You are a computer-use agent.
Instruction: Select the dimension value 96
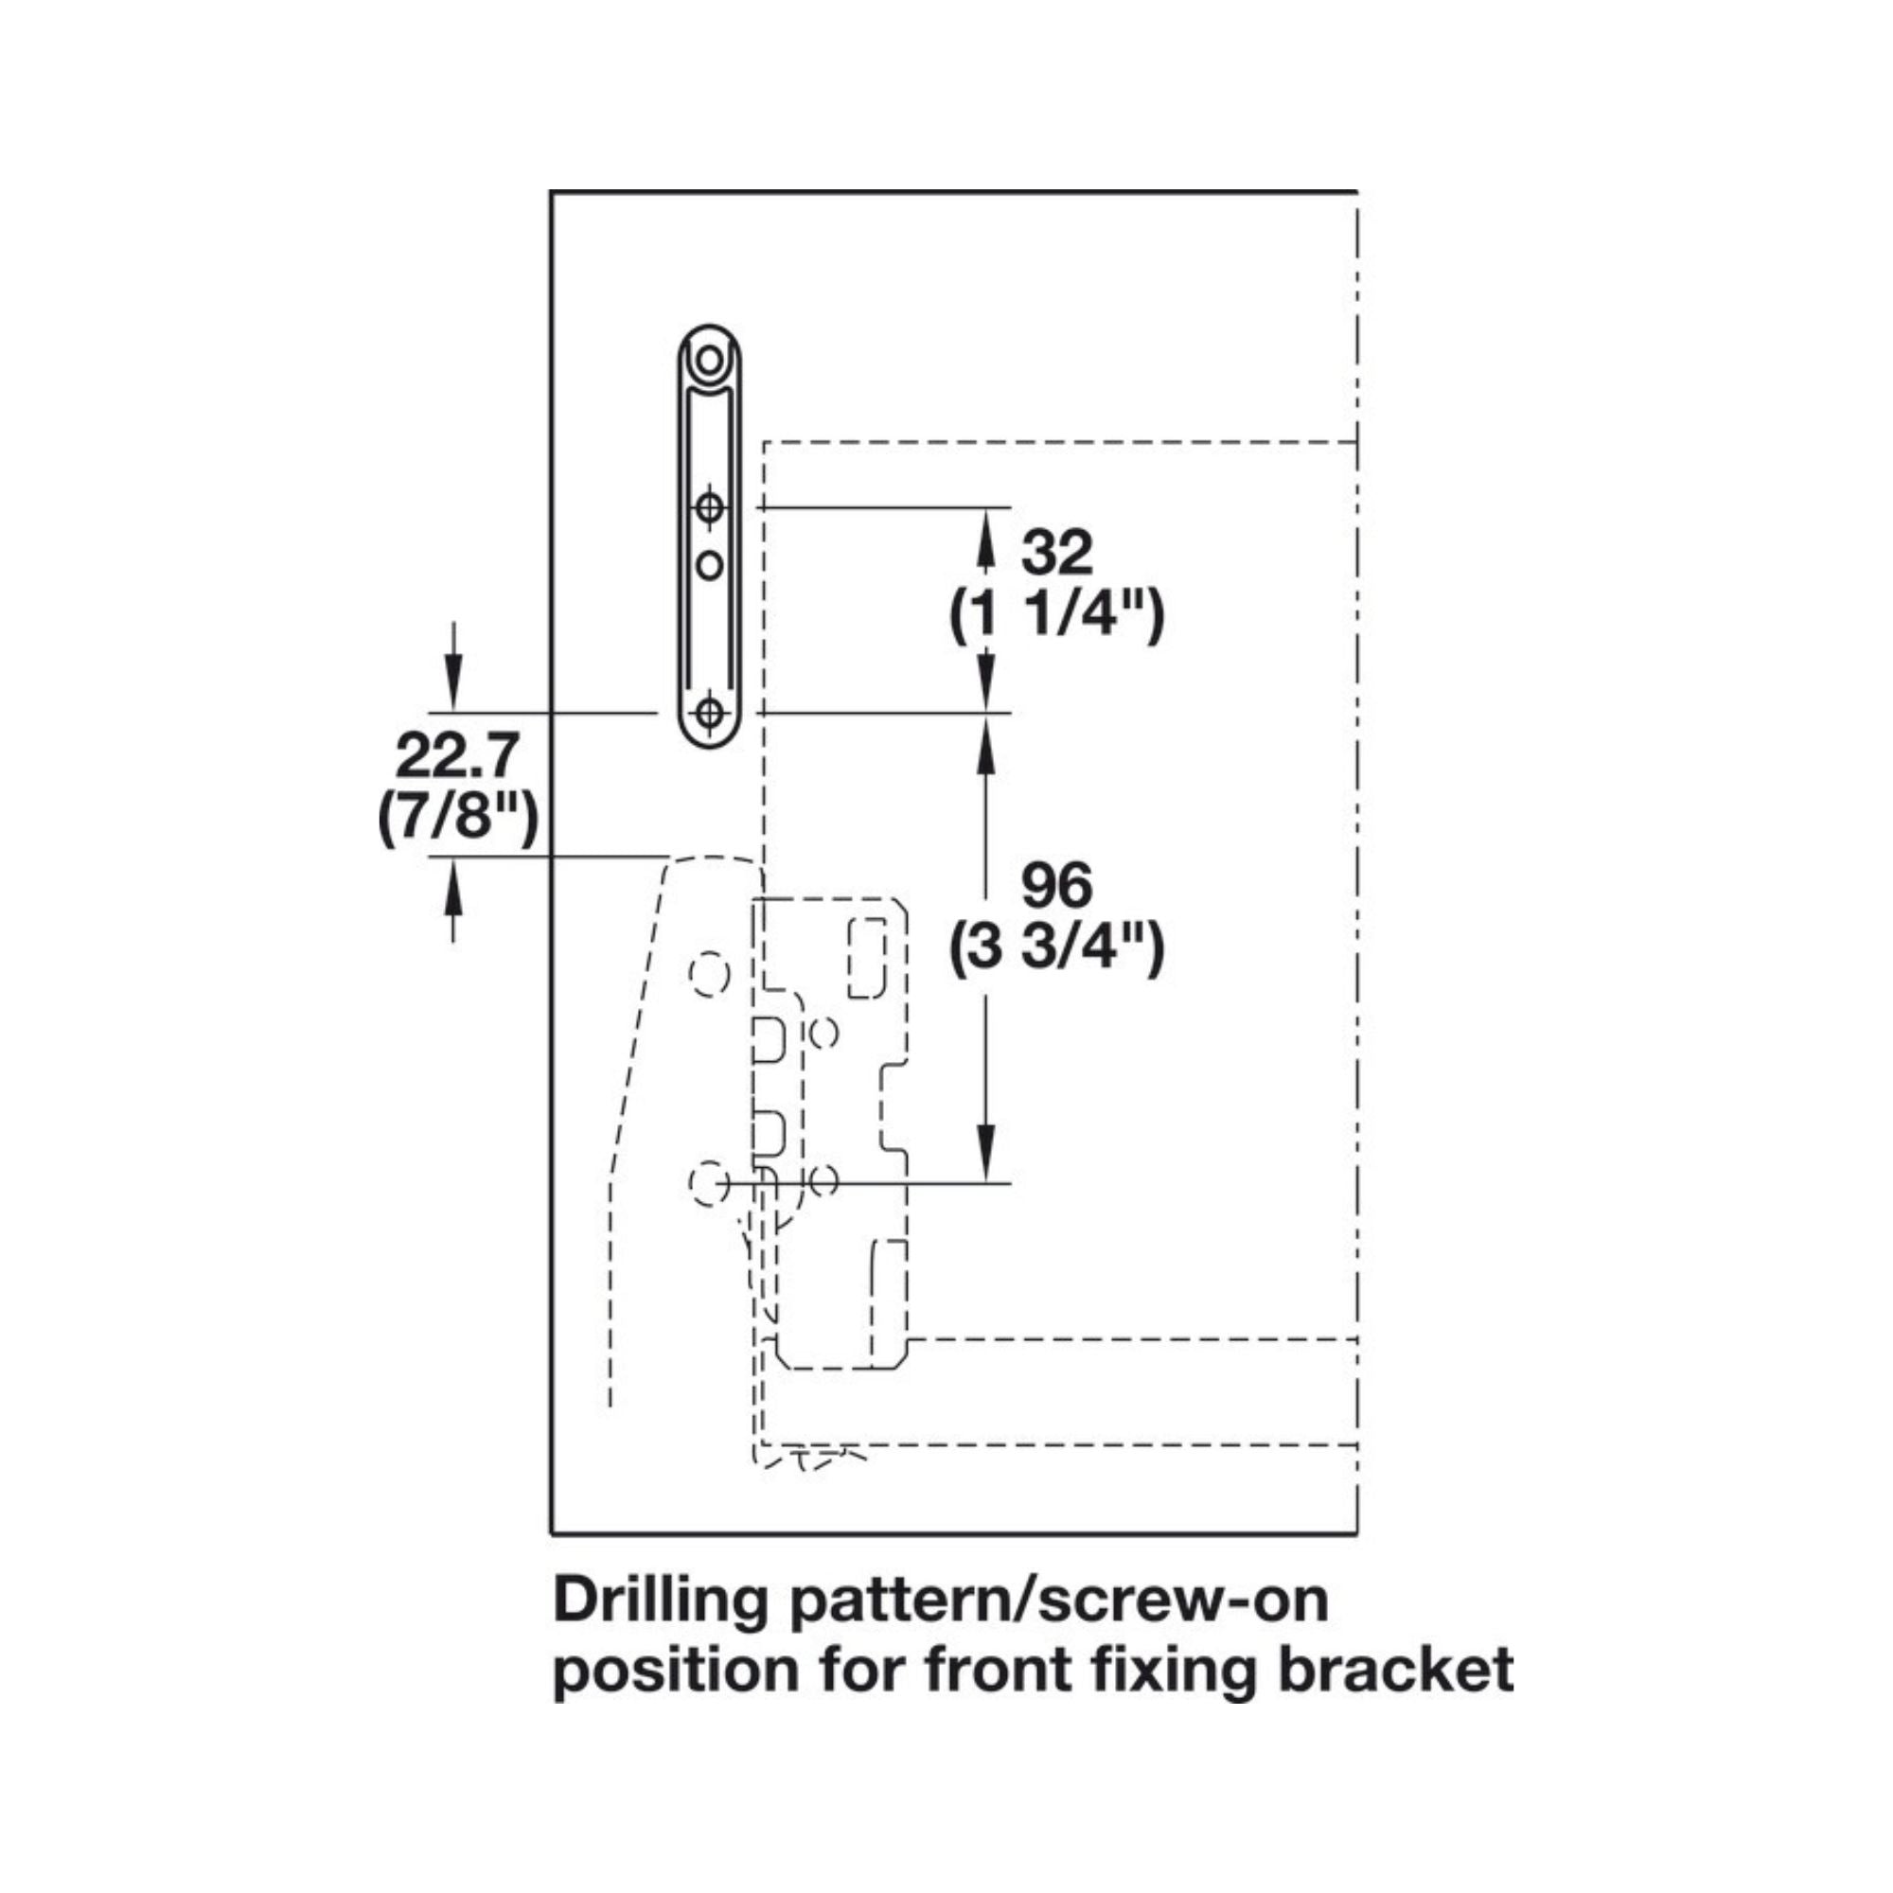[1056, 886]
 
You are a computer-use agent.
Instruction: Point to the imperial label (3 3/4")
[1056, 947]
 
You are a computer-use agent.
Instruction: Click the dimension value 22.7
[456, 756]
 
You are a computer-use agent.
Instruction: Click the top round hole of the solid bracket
[708, 361]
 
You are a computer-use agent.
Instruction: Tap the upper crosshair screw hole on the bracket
[709, 508]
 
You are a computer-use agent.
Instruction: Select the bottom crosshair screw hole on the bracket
[709, 713]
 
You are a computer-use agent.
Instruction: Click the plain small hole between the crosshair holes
[709, 565]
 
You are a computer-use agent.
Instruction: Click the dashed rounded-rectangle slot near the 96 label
[866, 958]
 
